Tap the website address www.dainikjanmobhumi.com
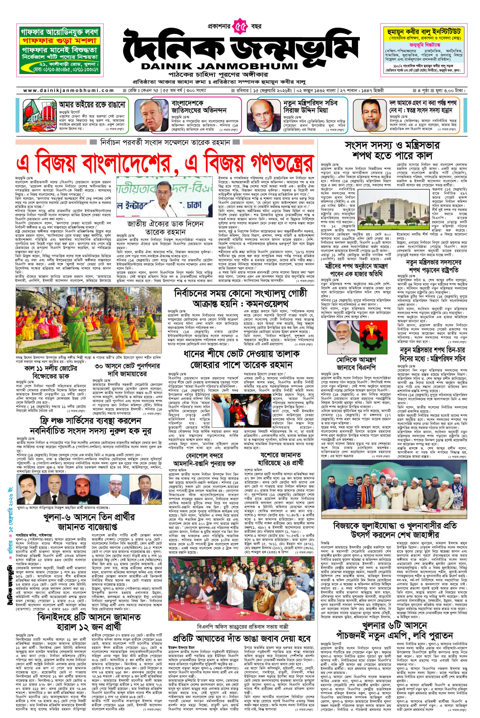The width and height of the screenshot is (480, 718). (x=68, y=90)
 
